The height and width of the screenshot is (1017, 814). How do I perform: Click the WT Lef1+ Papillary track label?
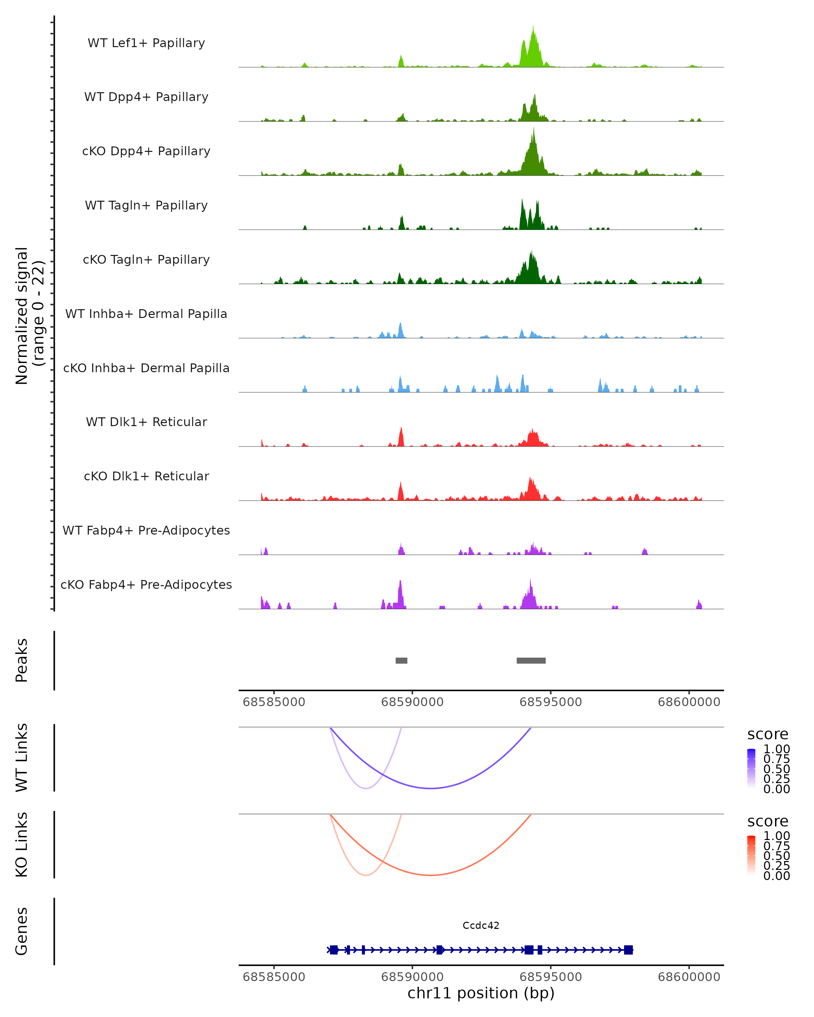click(x=146, y=43)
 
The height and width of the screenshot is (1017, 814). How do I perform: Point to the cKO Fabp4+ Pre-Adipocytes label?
click(x=146, y=584)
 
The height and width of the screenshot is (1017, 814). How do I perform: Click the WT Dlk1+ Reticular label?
click(x=146, y=422)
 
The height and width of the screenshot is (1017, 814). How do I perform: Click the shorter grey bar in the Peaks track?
click(x=401, y=660)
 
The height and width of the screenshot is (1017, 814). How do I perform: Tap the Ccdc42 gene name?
click(x=481, y=925)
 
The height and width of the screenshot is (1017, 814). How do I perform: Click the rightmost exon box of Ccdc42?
click(x=628, y=950)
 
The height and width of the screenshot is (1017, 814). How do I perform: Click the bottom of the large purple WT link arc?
click(x=430, y=788)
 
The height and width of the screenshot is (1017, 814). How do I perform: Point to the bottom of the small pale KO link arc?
click(x=366, y=875)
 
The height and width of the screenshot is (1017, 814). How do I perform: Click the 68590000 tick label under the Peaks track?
click(x=412, y=702)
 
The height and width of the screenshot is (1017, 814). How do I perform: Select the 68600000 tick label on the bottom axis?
click(x=689, y=977)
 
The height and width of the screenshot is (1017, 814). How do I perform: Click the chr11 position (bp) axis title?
click(x=481, y=993)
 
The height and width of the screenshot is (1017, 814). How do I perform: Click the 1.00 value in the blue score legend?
click(x=777, y=749)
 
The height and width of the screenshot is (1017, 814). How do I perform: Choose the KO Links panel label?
click(x=22, y=844)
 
